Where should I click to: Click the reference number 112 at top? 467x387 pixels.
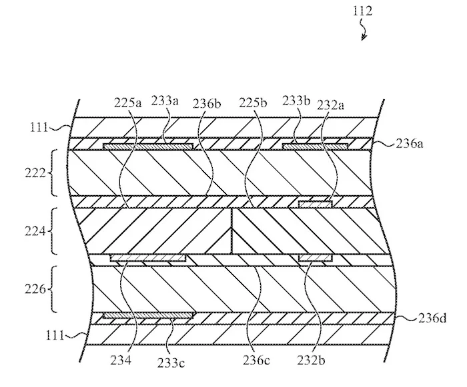point(363,11)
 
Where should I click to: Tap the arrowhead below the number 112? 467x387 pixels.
point(364,37)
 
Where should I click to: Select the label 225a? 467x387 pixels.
point(128,103)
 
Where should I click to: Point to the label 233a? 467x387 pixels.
point(165,101)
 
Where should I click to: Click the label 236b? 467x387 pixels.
point(207,104)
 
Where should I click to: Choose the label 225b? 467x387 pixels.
point(253,103)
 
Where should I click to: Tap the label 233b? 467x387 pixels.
point(296,101)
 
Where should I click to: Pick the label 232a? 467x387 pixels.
point(331,105)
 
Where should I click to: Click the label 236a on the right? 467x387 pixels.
point(409,144)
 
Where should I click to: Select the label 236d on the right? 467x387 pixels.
point(432,318)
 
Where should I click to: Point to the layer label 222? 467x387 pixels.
point(35,173)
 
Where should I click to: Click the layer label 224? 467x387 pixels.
point(35,231)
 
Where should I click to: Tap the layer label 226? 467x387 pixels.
point(35,289)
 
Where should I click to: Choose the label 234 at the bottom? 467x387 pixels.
point(121,360)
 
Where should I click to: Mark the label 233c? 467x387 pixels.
point(171,362)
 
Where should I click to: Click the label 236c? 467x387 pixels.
point(256,360)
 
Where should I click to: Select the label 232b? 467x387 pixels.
point(311,360)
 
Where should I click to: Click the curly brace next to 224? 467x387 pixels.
point(53,231)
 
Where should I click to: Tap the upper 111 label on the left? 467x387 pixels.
point(39,127)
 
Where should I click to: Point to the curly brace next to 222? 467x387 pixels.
point(53,173)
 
